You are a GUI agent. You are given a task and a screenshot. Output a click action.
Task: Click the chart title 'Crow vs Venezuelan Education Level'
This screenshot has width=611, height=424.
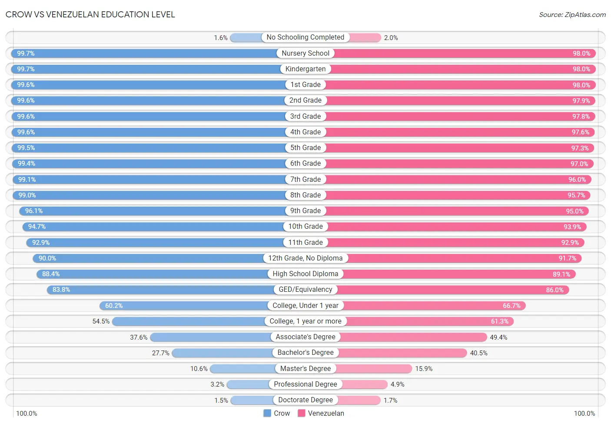pyautogui.click(x=90, y=14)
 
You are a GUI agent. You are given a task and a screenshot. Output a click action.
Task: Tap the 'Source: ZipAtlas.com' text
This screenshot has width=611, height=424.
pyautogui.click(x=572, y=15)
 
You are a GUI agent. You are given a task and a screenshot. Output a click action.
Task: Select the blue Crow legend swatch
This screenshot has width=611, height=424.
pyautogui.click(x=267, y=413)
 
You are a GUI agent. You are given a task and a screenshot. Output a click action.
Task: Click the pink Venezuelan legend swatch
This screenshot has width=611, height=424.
pyautogui.click(x=302, y=413)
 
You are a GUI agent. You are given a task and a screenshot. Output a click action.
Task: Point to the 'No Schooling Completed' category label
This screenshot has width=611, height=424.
pyautogui.click(x=305, y=37)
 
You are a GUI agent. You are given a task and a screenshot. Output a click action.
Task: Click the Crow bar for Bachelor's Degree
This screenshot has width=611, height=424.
pyautogui.click(x=222, y=353)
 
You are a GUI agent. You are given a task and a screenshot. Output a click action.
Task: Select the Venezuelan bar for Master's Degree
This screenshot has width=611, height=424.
pyautogui.click(x=374, y=369)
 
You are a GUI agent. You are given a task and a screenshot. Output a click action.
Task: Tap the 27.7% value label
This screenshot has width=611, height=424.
pyautogui.click(x=161, y=353)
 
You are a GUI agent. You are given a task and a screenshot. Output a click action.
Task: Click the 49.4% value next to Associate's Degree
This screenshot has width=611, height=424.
pyautogui.click(x=498, y=337)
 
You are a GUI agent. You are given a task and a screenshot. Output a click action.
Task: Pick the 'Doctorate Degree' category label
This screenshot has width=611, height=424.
pyautogui.click(x=305, y=400)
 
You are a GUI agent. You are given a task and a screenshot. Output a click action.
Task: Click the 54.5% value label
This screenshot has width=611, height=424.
pyautogui.click(x=101, y=321)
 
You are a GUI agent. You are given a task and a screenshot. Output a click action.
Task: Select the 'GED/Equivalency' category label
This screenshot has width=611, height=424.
pyautogui.click(x=305, y=289)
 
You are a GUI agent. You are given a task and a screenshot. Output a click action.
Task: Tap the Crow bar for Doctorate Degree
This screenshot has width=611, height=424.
pyautogui.click(x=252, y=400)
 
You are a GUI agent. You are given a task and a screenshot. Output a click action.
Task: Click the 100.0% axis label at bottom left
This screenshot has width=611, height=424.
pyautogui.click(x=27, y=414)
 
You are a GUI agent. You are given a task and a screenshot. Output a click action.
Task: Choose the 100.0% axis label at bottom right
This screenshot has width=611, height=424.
pyautogui.click(x=584, y=414)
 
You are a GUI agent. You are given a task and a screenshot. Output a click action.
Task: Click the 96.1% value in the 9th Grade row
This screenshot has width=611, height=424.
pyautogui.click(x=34, y=211)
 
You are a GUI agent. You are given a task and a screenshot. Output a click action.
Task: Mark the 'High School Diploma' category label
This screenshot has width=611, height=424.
pyautogui.click(x=305, y=274)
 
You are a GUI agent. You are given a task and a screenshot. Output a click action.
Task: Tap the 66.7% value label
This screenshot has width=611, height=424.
pyautogui.click(x=512, y=306)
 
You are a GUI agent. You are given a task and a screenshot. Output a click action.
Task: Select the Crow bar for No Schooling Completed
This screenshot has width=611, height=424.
pyautogui.click(x=246, y=38)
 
